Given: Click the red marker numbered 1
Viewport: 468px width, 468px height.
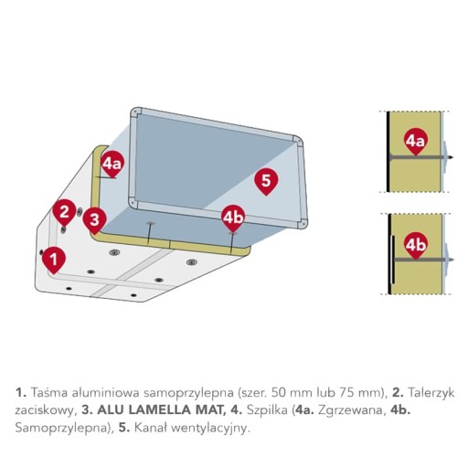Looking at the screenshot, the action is (x=54, y=260).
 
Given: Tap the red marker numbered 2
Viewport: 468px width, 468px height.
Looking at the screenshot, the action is (x=64, y=212).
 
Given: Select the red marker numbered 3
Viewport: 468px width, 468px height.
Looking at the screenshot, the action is (x=95, y=219).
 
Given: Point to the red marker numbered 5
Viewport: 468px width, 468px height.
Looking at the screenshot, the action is (x=266, y=181).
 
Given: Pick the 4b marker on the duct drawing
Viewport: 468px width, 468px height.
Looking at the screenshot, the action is (x=233, y=218).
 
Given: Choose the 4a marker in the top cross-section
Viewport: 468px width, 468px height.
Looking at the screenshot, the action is (x=416, y=141).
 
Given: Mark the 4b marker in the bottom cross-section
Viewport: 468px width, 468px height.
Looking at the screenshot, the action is (x=416, y=245).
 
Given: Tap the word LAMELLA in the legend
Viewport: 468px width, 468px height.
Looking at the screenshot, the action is (x=159, y=410).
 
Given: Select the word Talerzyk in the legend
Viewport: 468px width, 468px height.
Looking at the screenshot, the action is (x=431, y=392).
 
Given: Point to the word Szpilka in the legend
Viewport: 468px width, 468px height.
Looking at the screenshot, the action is (x=267, y=410).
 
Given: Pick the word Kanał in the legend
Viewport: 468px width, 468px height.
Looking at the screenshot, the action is (x=152, y=428).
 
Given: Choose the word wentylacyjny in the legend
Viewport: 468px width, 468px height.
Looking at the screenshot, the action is (x=211, y=429).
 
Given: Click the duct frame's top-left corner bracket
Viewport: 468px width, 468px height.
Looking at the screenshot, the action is (x=136, y=112).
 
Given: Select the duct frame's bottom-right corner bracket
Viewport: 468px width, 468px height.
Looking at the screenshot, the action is (x=302, y=223).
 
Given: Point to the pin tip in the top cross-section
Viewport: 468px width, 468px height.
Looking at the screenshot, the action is (x=453, y=157).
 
